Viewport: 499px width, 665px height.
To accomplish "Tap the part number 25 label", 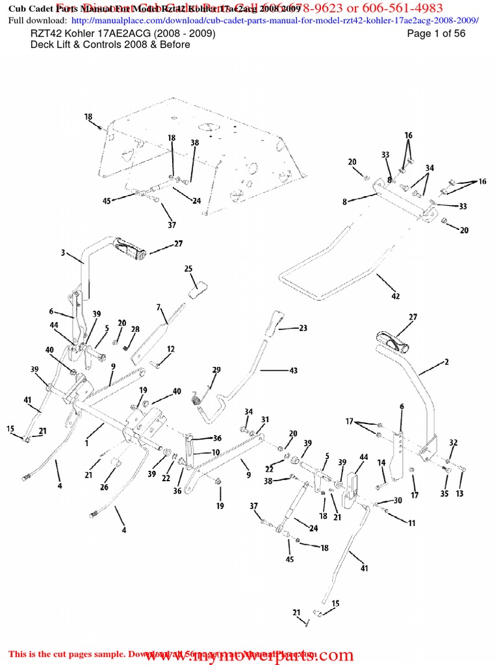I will pyautogui.click(x=188, y=268).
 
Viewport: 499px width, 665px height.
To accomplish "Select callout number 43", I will pyautogui.click(x=294, y=371).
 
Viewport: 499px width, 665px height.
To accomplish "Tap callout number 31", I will pyautogui.click(x=265, y=419).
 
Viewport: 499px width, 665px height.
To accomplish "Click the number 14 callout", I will pyautogui.click(x=381, y=462).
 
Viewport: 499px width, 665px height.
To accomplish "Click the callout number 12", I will pyautogui.click(x=170, y=349).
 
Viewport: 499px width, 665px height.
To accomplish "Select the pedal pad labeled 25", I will pyautogui.click(x=198, y=289).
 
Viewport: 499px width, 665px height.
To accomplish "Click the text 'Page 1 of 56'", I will pyautogui.click(x=436, y=34).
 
